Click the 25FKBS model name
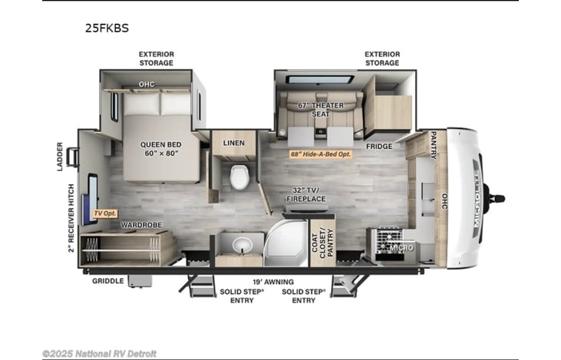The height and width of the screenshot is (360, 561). click(107, 28)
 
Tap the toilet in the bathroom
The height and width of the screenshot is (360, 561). click(239, 177)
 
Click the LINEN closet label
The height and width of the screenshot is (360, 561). click(233, 143)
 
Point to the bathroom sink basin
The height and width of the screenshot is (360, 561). click(243, 246)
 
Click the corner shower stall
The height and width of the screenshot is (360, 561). click(285, 243)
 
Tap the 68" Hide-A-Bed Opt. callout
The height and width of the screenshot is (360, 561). click(321, 154)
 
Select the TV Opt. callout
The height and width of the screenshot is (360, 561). click(105, 213)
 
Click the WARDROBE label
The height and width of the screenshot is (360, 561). click(141, 225)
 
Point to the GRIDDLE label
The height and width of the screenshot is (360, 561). click(108, 281)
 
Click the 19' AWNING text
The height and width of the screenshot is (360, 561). click(273, 282)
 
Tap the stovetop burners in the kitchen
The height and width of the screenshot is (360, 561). click(389, 239)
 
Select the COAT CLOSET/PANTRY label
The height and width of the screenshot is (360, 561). click(322, 243)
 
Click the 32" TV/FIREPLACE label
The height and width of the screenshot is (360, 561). click(306, 195)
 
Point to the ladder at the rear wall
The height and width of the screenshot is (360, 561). click(73, 157)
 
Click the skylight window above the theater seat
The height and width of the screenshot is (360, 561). click(319, 79)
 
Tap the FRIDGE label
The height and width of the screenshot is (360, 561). click(379, 147)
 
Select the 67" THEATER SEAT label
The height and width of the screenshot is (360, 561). click(321, 110)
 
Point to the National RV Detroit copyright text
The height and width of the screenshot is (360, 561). click(99, 354)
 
